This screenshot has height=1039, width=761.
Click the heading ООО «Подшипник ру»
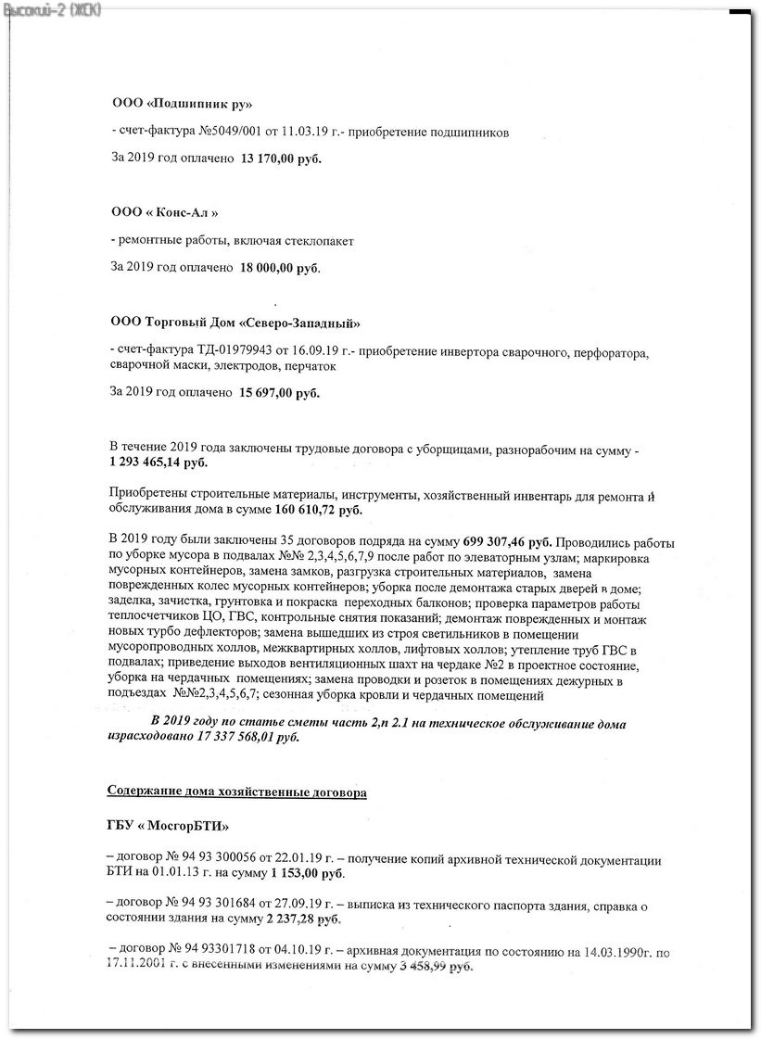pyautogui.click(x=181, y=102)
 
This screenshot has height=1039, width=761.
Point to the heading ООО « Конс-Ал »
pyautogui.click(x=165, y=212)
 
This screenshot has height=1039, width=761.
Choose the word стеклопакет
pyautogui.click(x=320, y=241)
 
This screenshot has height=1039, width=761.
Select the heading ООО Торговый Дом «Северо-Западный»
pyautogui.click(x=235, y=323)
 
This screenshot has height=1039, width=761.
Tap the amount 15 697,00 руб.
pyautogui.click(x=280, y=394)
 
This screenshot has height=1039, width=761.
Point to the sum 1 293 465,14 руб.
pyautogui.click(x=159, y=462)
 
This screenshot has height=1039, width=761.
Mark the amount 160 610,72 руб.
pyautogui.click(x=321, y=510)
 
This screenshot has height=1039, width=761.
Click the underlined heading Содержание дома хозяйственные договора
pyautogui.click(x=236, y=793)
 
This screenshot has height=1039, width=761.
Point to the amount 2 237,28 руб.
pyautogui.click(x=304, y=919)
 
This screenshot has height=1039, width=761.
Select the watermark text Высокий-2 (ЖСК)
pyautogui.click(x=52, y=9)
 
